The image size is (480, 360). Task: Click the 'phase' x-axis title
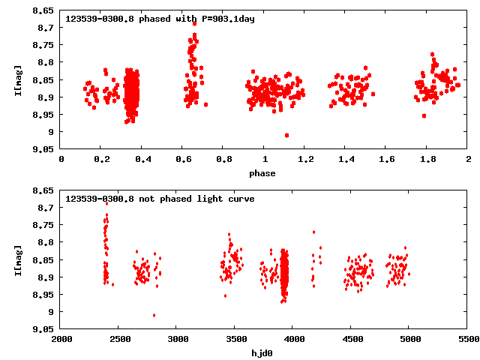[x=263, y=173]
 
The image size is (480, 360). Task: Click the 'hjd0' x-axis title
[x=263, y=353]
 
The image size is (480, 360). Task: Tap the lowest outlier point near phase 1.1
[x=286, y=135]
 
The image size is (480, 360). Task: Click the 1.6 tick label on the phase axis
[x=385, y=160]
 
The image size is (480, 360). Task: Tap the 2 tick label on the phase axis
[x=467, y=160]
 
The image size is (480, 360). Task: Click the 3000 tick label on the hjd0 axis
[x=177, y=340]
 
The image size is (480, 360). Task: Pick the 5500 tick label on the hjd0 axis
[x=467, y=340]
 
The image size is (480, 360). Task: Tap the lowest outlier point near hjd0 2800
[x=154, y=315]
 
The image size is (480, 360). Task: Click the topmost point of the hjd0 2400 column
[x=106, y=203]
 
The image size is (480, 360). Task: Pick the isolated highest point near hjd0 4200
[x=314, y=232]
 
